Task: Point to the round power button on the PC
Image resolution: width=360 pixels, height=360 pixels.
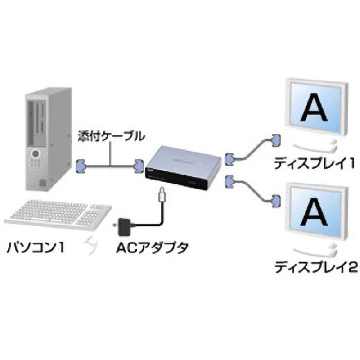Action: pyautogui.click(x=34, y=154)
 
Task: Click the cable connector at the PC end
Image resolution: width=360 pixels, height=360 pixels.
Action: pyautogui.click(x=81, y=166)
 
